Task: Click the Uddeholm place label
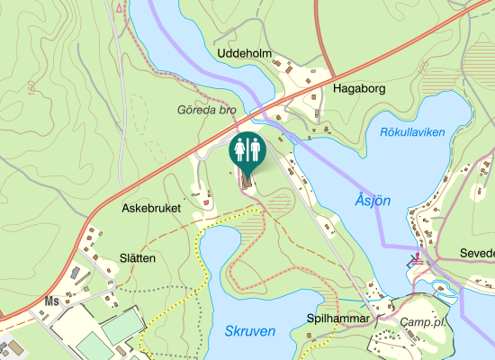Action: (x=245, y=54)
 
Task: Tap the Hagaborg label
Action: (x=359, y=89)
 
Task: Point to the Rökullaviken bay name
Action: (x=413, y=132)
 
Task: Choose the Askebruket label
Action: (x=151, y=208)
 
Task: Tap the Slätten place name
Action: (x=138, y=258)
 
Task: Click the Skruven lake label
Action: (x=249, y=331)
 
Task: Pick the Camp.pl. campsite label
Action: (x=424, y=322)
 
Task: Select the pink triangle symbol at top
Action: (x=121, y=6)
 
